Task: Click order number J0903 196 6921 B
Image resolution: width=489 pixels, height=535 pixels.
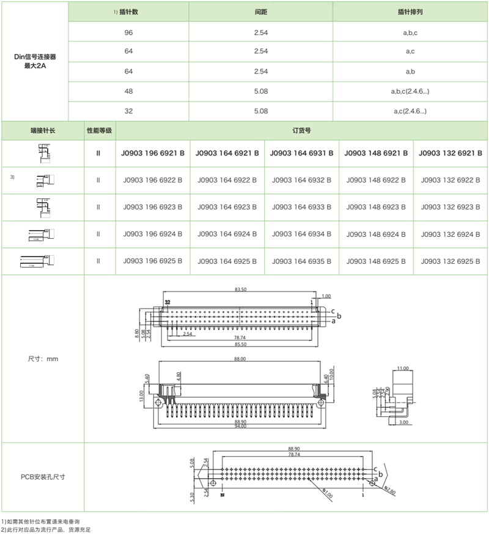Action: click(153, 154)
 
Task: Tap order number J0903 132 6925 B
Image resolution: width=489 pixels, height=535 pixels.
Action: click(451, 261)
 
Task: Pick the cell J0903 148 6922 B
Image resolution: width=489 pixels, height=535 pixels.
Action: click(376, 181)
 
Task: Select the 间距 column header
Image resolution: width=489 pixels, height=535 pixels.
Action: click(260, 12)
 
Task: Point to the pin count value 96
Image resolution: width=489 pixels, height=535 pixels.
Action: click(128, 31)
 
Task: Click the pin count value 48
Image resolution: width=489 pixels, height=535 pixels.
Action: click(128, 91)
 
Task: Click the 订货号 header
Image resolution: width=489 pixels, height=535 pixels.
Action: click(302, 131)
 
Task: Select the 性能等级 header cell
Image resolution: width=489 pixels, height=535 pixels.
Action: click(99, 131)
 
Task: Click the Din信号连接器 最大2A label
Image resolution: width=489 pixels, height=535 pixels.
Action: click(35, 61)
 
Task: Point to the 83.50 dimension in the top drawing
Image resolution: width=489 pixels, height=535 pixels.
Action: click(240, 290)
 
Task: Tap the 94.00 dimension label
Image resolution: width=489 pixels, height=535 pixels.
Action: click(240, 427)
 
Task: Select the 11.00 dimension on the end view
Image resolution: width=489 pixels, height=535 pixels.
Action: click(403, 369)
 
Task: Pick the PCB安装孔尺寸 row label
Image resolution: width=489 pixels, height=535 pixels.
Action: click(43, 476)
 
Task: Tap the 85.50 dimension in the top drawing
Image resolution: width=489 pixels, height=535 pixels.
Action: click(240, 345)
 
